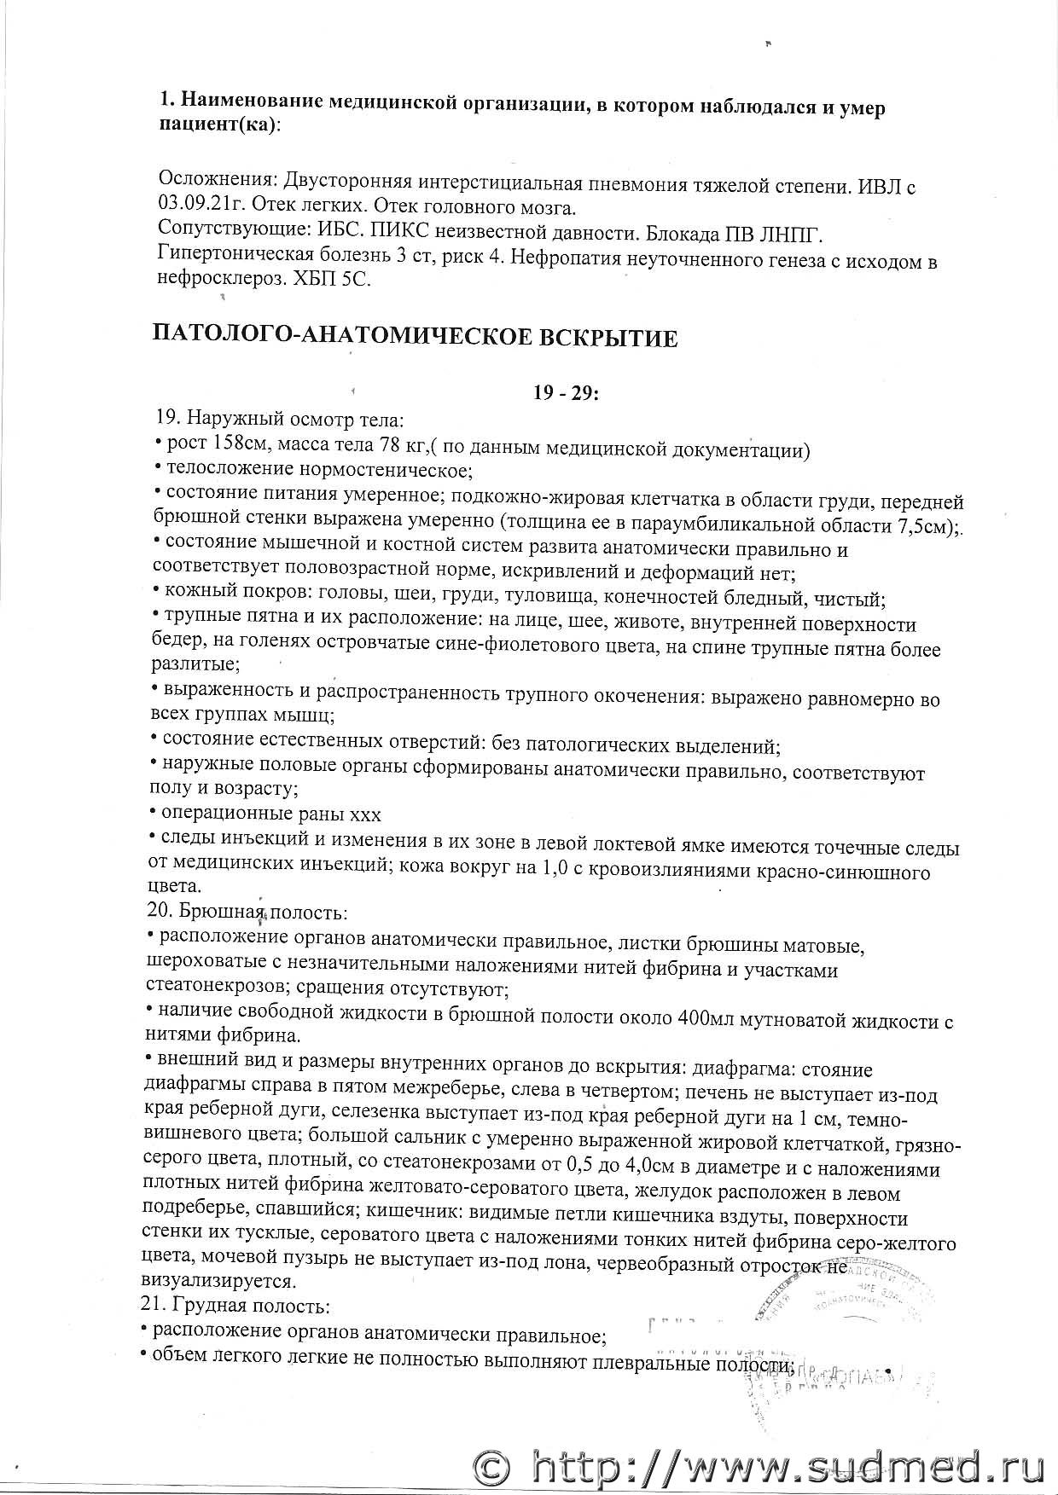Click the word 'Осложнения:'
(x=206, y=183)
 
